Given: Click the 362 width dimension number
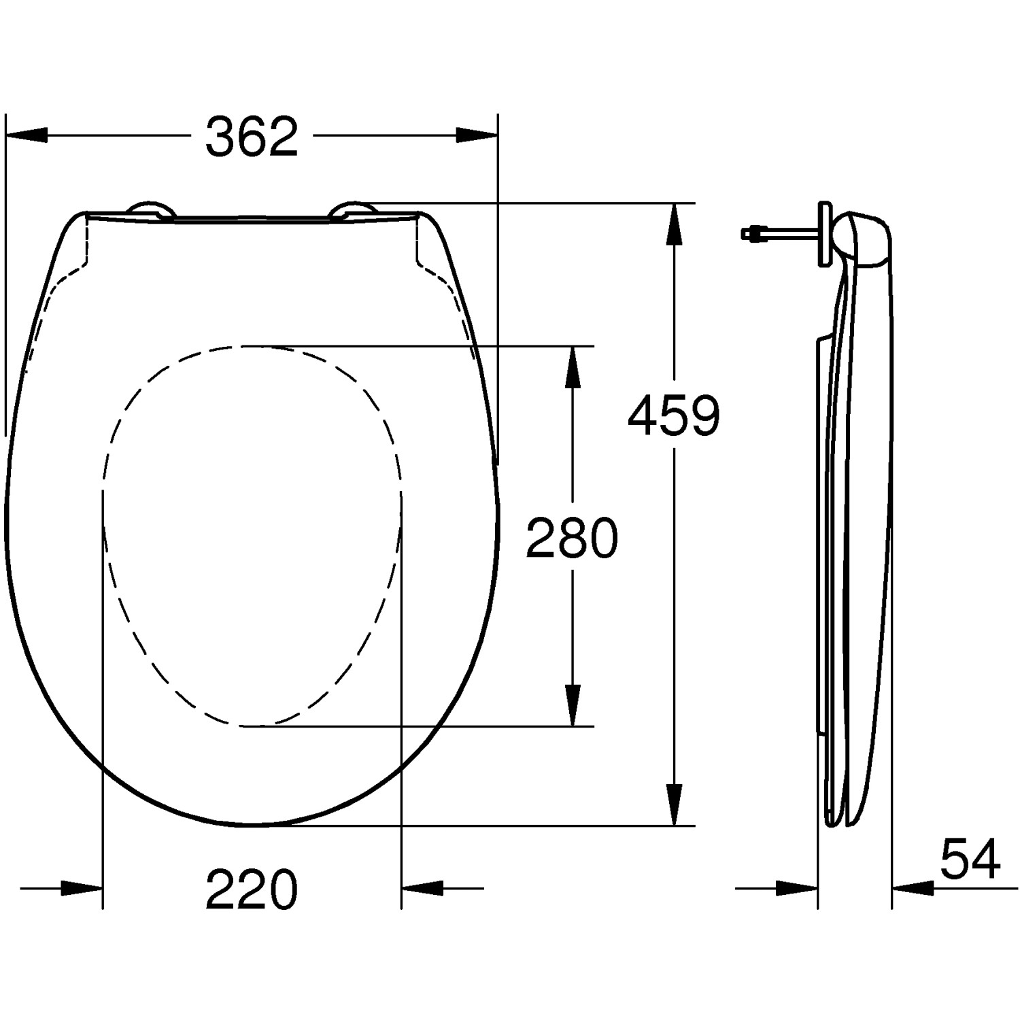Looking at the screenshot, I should coord(252,136).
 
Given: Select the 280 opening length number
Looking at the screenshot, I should coord(573,537).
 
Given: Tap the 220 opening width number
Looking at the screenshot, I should coord(252,889).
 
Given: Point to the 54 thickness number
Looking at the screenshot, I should coord(970,860).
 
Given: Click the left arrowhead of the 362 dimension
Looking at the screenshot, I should coord(27,135).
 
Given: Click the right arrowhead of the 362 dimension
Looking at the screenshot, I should coord(476,135).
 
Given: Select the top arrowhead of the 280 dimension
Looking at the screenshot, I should coord(573,367).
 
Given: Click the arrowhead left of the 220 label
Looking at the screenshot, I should coord(82,888).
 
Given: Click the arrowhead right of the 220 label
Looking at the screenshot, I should coord(422,888).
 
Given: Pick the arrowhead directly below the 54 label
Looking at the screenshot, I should coord(913,888).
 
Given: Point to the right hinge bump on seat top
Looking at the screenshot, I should coord(352,209).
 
